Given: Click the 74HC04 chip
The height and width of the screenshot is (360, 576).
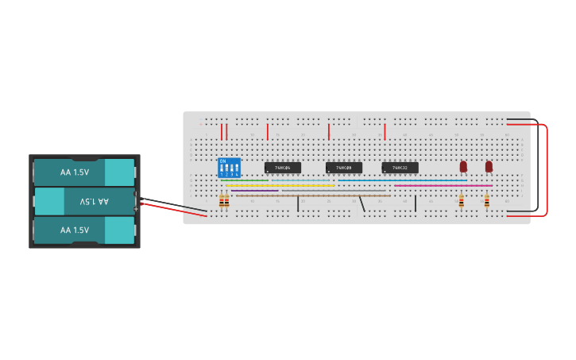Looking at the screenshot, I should click(282, 168).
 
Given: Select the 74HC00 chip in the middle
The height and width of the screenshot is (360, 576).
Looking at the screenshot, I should click(343, 168).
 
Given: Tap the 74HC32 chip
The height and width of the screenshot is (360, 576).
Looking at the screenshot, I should click(400, 168).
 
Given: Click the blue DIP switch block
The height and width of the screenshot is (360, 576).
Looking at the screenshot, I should click(229, 168).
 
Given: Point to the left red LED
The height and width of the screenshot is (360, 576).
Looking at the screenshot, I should click(463, 166).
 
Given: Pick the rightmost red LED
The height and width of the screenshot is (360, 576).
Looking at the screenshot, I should click(489, 166).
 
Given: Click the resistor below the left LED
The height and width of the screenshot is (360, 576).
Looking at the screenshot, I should click(462, 202).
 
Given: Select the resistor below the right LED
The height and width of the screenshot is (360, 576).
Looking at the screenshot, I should click(486, 202).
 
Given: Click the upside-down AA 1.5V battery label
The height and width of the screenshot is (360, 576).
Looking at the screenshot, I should click(94, 202).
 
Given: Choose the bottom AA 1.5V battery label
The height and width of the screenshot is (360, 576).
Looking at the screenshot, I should click(75, 230).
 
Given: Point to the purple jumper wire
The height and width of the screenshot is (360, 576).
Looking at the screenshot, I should click(254, 191).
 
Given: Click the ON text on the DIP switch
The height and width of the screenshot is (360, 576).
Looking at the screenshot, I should click(223, 161).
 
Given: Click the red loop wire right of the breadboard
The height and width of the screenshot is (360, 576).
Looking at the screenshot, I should click(547, 168).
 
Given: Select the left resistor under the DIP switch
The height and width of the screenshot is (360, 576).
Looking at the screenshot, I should click(222, 201).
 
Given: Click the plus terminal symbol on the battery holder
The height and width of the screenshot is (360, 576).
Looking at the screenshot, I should click(136, 208).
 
